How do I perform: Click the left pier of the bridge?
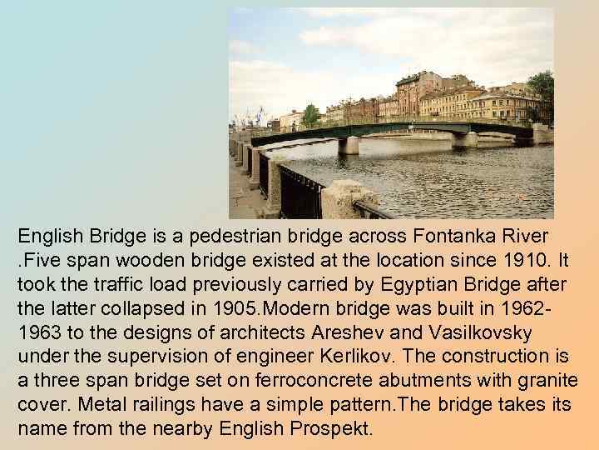tap(349, 143)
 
